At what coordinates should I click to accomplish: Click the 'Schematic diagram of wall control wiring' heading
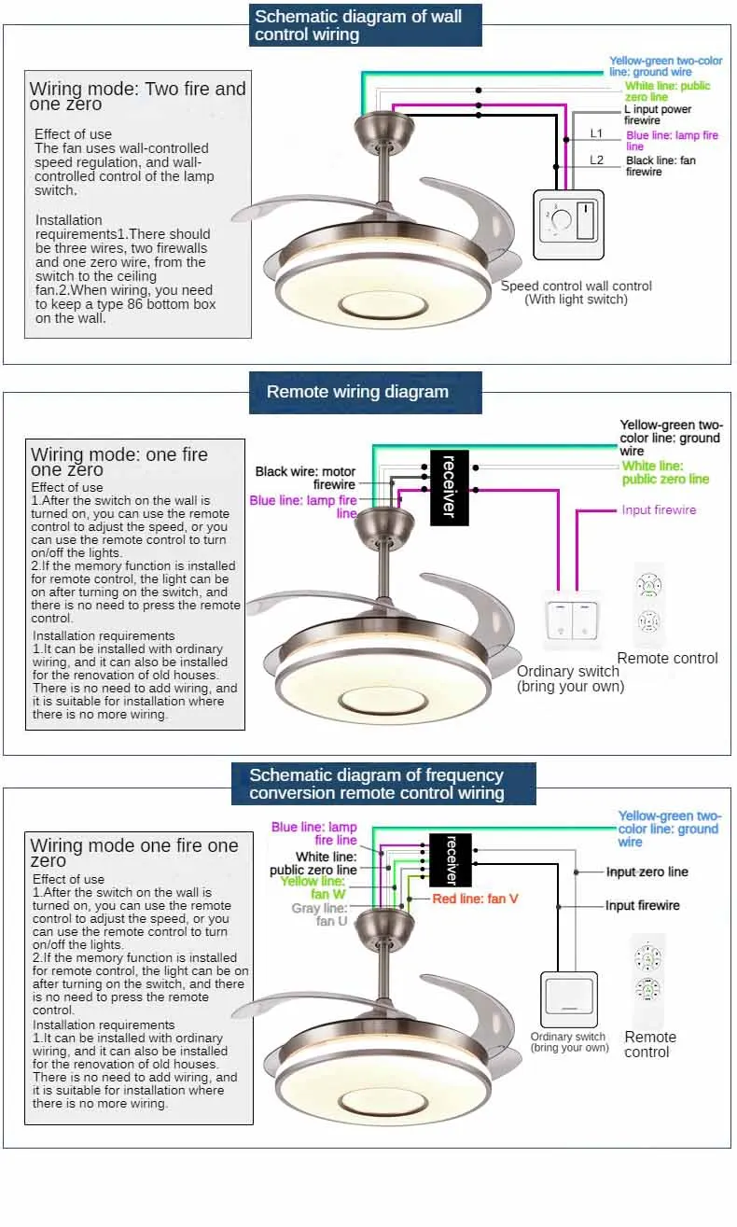tap(366, 25)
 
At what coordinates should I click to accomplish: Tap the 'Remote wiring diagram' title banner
tap(365, 392)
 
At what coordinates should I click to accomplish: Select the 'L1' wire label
tap(597, 133)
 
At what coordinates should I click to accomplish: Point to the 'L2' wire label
tap(597, 160)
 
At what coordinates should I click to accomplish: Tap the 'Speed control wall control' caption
tap(576, 292)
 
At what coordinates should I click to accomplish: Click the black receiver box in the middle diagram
tap(448, 486)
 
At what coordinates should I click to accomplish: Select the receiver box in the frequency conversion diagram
tap(450, 859)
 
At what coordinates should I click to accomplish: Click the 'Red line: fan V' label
tap(475, 899)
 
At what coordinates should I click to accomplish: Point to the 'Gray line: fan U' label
tap(320, 914)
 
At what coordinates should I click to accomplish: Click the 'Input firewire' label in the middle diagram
tap(659, 509)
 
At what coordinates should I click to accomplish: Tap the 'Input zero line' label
tap(647, 871)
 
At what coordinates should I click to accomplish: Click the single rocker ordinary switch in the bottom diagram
tap(568, 999)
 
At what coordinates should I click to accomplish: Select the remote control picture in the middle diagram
tap(648, 604)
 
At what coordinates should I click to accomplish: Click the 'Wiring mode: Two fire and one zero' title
tap(137, 96)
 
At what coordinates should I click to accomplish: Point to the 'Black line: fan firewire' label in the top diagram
tap(661, 166)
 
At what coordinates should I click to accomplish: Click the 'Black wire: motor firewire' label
tap(306, 478)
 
